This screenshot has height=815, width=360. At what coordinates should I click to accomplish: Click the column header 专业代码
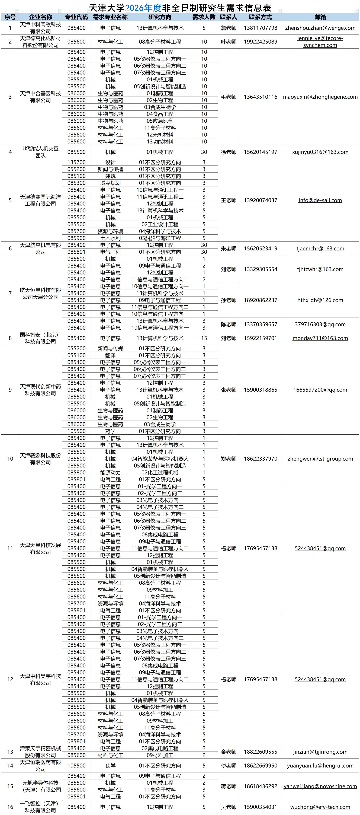click(x=76, y=17)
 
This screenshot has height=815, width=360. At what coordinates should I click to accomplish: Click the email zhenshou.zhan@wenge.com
click(x=320, y=28)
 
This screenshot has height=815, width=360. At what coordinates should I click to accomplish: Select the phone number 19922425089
click(x=260, y=42)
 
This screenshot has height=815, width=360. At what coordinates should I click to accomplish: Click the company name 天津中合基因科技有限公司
click(x=40, y=97)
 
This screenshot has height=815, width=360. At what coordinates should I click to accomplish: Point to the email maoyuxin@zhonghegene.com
click(x=320, y=97)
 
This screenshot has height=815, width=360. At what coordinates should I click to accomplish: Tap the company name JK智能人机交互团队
click(x=40, y=152)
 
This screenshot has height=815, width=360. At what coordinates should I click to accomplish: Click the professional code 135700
click(x=76, y=162)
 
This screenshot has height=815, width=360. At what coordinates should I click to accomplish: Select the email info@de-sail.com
click(x=320, y=200)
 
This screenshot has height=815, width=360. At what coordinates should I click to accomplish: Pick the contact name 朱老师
click(x=228, y=248)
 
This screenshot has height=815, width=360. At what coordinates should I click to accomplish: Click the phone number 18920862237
click(x=260, y=300)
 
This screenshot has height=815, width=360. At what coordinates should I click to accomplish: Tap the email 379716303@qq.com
click(x=320, y=324)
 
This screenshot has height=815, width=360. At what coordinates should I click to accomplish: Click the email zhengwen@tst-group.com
click(x=320, y=459)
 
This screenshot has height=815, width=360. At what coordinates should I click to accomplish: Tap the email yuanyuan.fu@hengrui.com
click(x=320, y=766)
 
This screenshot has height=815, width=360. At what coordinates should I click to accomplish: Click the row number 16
click(x=10, y=807)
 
